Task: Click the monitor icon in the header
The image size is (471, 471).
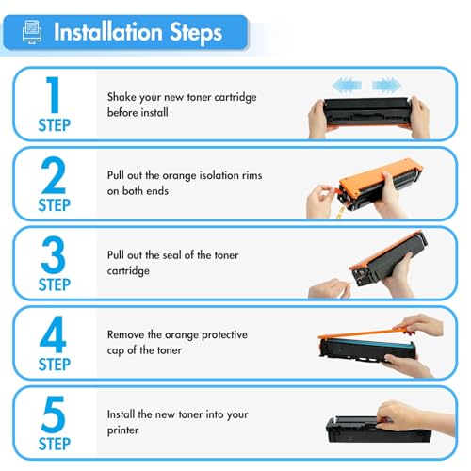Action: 32,32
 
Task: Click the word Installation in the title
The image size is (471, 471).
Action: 108,32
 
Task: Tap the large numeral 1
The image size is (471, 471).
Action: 54,94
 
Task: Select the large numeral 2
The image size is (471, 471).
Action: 54,175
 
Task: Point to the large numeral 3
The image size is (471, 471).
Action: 53,254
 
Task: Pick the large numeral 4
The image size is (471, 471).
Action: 53,334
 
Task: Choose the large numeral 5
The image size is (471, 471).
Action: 53,414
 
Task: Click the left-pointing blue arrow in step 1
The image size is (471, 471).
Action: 347,85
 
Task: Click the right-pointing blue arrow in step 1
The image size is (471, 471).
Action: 386,85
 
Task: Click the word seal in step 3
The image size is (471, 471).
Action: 172,255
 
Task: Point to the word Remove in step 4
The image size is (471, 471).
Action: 125,334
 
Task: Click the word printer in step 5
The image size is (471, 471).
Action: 122,430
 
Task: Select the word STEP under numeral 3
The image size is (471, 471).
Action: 54,284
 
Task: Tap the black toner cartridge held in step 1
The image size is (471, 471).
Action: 367,111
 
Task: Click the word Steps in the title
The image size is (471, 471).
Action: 196,33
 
